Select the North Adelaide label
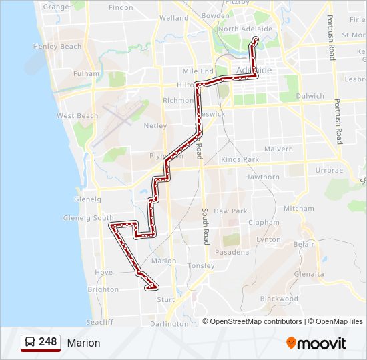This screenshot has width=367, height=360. [245, 29]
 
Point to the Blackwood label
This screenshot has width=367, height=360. [279, 299]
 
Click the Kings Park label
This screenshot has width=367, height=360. [240, 160]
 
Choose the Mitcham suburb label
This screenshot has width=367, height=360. [298, 208]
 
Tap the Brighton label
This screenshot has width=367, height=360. [103, 289]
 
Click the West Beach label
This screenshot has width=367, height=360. [77, 116]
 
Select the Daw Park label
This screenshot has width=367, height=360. [230, 210]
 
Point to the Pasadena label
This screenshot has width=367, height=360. [232, 252]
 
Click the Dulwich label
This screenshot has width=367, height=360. [310, 96]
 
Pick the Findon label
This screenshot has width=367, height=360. [121, 7]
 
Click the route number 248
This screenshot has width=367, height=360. [47, 342]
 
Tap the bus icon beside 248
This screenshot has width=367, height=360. [30, 343]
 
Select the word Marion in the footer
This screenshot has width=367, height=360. [83, 343]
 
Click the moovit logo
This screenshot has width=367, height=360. [316, 343]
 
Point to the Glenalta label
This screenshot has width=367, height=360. [308, 273]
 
